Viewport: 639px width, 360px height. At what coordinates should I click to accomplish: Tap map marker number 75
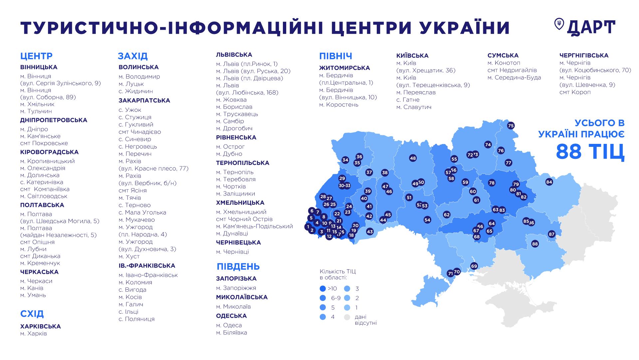pos(511,126)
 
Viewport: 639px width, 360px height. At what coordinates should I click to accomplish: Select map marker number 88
pos(535,244)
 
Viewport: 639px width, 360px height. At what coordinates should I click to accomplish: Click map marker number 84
pos(549,182)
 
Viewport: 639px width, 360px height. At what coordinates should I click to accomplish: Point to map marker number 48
pos(413,158)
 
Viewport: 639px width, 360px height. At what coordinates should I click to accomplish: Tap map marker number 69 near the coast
pos(474,266)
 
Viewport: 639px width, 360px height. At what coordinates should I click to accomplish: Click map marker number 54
pos(427,220)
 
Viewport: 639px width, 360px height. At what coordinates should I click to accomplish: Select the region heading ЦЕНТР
pos(36,56)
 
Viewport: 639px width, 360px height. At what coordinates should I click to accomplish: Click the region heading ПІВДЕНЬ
pos(238,266)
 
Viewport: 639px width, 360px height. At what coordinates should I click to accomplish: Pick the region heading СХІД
pos(32,314)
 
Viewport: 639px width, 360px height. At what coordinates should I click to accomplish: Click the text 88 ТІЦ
pos(590,152)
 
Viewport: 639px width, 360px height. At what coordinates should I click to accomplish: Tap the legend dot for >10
pos(322,289)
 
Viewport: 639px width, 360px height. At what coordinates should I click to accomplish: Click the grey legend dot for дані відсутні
pos(347,317)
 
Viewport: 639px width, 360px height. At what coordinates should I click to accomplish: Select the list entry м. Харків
pos(34,333)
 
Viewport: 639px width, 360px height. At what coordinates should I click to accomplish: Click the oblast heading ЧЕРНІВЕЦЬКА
pos(238,242)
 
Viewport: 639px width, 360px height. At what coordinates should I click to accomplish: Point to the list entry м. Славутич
pos(414,107)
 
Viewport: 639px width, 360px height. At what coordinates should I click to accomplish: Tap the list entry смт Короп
pos(575,92)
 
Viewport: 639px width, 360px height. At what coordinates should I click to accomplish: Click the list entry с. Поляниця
pos(136,319)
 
